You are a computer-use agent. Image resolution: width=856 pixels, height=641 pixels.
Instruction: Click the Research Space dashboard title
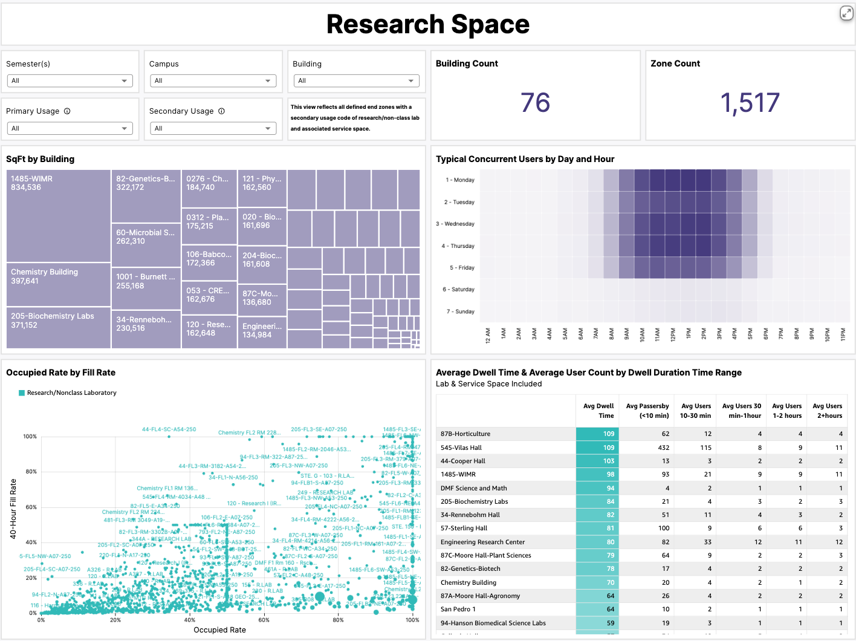pos(427,24)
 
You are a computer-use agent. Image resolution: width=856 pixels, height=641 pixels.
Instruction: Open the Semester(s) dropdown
pos(70,80)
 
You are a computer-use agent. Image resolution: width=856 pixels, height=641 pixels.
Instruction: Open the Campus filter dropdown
pos(213,80)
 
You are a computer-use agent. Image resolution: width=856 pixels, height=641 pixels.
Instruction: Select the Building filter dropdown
pos(356,80)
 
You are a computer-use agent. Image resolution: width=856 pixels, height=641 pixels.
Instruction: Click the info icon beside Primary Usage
pos(67,111)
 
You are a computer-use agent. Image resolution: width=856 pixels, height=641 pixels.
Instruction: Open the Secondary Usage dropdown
pos(213,128)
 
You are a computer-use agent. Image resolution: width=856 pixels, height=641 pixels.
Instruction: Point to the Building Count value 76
pos(535,103)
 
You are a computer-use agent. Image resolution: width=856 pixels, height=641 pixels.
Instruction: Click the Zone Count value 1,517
pos(750,103)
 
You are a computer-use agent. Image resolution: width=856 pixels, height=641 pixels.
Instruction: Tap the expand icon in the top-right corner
pos(846,13)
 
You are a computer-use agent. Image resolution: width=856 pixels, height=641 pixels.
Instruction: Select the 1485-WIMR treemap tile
pos(58,215)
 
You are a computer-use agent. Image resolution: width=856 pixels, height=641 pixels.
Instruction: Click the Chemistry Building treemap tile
pos(58,284)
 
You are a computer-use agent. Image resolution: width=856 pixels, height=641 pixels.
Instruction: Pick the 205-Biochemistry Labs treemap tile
pos(58,327)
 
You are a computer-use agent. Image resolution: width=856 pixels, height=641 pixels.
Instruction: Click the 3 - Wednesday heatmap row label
pos(455,224)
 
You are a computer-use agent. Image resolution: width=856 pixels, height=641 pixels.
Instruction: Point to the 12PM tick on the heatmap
pos(672,334)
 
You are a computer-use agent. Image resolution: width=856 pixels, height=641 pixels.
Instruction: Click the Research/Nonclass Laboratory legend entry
pos(71,393)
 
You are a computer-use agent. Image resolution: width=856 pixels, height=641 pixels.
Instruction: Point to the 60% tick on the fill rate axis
pos(30,507)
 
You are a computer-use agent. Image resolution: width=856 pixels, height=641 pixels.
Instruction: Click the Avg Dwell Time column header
pos(598,411)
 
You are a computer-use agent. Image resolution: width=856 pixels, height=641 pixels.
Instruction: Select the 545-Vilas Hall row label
pos(461,447)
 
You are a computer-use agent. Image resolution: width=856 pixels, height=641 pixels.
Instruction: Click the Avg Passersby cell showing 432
pos(663,447)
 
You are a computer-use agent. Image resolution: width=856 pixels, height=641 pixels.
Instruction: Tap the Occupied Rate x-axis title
pos(219,630)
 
